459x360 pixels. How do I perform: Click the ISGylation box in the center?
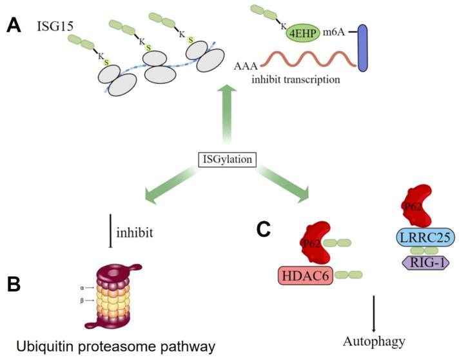pos(226,157)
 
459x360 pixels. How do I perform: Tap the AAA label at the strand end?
pos(244,66)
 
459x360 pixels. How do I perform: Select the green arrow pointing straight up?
pos(226,119)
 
